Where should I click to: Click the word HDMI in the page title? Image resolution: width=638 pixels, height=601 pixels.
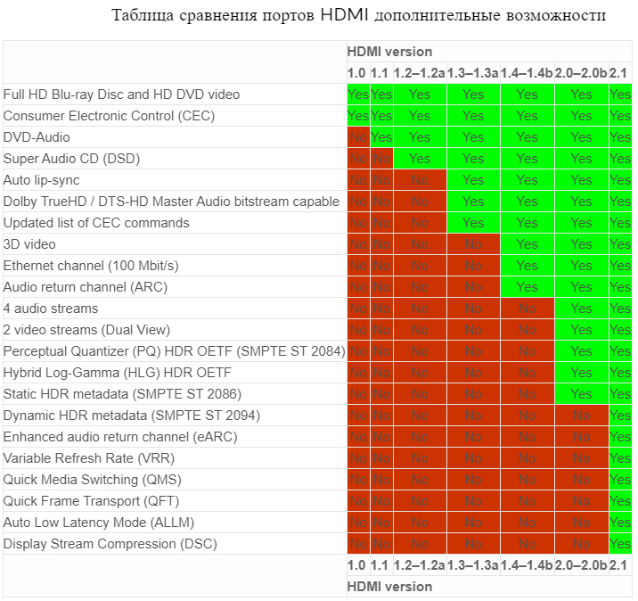click(x=343, y=16)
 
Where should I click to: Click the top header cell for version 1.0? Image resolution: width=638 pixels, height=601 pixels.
click(x=357, y=73)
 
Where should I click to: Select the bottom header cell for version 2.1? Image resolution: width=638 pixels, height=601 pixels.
click(x=620, y=565)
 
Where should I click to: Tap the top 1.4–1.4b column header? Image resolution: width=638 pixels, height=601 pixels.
click(x=527, y=73)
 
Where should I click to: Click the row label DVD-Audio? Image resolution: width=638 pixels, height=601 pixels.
click(x=37, y=137)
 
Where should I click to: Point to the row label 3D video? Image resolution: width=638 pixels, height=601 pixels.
click(x=29, y=244)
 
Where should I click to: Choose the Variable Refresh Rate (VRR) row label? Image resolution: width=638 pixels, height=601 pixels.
click(x=89, y=458)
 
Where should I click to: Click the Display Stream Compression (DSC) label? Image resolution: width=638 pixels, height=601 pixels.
click(x=110, y=544)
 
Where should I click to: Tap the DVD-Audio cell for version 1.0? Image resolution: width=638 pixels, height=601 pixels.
click(x=357, y=137)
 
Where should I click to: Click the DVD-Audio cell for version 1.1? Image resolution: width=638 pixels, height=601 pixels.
click(x=380, y=137)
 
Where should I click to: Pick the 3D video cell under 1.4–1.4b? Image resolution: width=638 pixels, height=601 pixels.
click(x=527, y=244)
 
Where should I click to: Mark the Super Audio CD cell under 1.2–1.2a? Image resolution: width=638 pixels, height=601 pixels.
click(x=419, y=159)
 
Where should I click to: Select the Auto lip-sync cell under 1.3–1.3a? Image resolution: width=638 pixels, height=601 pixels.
click(x=473, y=180)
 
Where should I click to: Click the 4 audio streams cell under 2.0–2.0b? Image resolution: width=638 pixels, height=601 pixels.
click(x=581, y=309)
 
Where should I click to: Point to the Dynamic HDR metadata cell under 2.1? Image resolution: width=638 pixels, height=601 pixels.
click(x=620, y=416)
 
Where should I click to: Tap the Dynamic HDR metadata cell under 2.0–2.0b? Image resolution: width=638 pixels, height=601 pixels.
click(x=581, y=416)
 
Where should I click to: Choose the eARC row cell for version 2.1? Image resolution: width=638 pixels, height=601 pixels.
click(x=620, y=437)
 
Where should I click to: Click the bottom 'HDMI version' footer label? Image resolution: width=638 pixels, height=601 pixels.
click(x=389, y=587)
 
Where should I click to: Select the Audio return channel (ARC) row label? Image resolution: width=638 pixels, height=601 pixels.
click(x=86, y=287)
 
